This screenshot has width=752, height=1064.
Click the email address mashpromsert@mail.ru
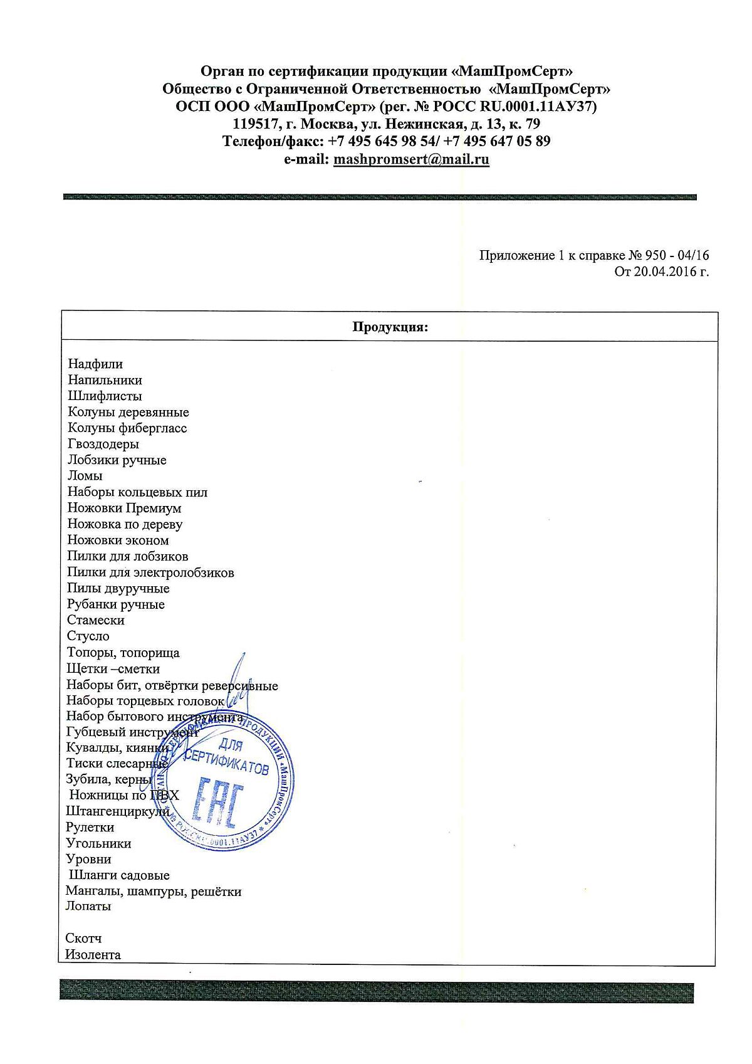pos(411,159)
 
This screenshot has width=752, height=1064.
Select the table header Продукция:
pos(390,327)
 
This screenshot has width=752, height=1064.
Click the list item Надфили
pos(95,364)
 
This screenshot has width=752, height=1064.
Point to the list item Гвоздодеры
pos(103,444)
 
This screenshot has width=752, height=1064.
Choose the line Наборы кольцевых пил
pos(137,492)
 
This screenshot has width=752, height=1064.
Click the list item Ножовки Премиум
pos(124,508)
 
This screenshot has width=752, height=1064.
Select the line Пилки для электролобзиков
pos(150,572)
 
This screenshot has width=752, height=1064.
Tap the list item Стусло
pos(88,636)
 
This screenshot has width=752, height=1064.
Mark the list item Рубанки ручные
pos(116,604)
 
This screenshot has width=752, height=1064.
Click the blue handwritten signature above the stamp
pos(235,680)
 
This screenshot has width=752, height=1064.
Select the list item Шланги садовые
pos(119,875)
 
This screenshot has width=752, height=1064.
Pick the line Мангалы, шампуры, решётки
pos(154,891)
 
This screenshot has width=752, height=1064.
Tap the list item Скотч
pos(83,939)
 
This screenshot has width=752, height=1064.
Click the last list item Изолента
pos(93,955)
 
